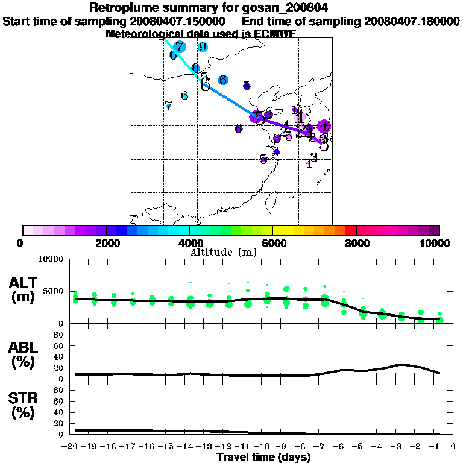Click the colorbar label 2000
[106, 244]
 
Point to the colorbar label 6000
[273, 244]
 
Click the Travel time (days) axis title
[263, 458]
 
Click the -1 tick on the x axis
[437, 448]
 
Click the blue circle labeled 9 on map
[203, 47]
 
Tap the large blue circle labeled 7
[179, 47]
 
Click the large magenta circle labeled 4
[324, 127]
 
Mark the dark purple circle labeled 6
[239, 128]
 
